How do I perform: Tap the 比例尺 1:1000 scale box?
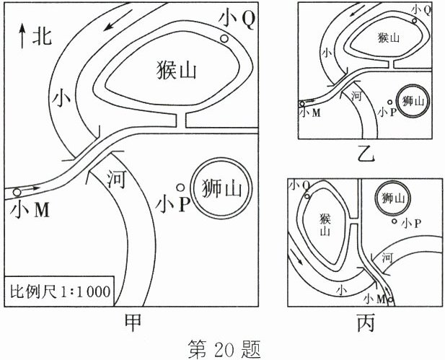(x=58, y=293)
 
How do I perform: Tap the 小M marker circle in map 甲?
(x=16, y=192)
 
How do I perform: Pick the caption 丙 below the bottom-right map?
(x=366, y=322)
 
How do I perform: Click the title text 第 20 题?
(x=221, y=348)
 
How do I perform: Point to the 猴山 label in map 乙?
(x=387, y=38)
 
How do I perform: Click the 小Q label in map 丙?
(x=298, y=185)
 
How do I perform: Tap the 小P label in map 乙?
(x=387, y=112)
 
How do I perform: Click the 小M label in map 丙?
(x=376, y=298)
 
